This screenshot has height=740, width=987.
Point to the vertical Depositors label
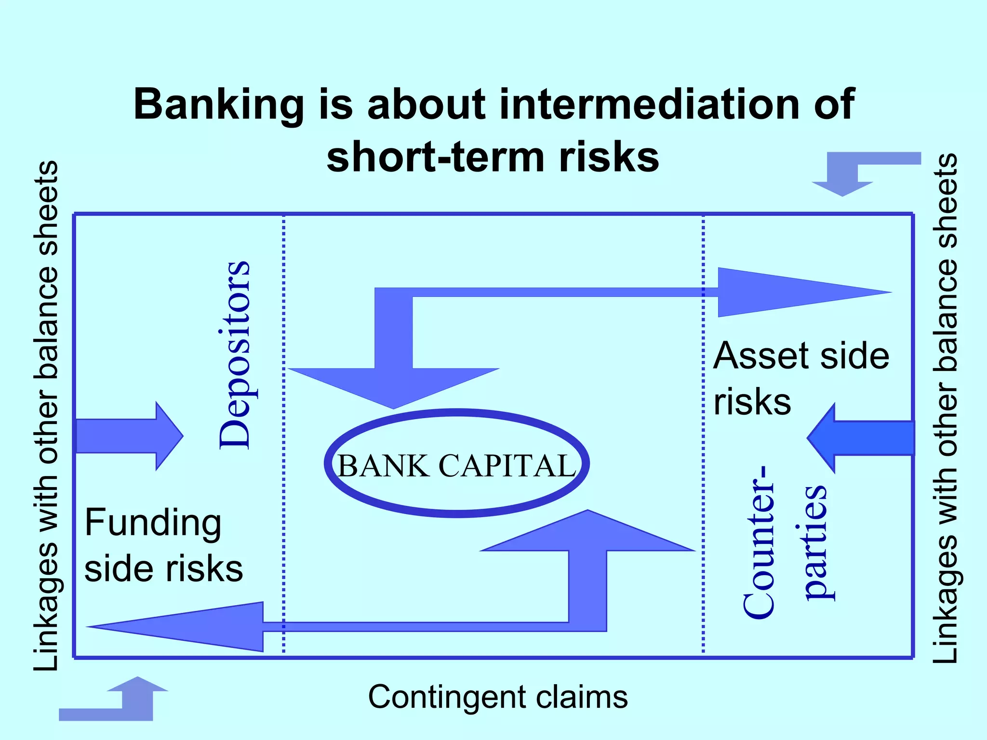coord(235,355)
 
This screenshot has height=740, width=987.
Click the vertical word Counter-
coord(759,542)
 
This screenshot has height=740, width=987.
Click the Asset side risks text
coord(800,378)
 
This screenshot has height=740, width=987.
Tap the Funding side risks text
coord(163,545)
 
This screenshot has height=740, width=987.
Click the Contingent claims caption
coord(498,697)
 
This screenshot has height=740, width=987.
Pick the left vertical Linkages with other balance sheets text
coord(46,415)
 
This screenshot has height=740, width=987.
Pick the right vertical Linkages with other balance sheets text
coord(945,409)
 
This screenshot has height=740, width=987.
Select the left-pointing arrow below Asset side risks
coord(860,438)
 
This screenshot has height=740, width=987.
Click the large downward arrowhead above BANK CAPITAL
coord(394,385)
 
